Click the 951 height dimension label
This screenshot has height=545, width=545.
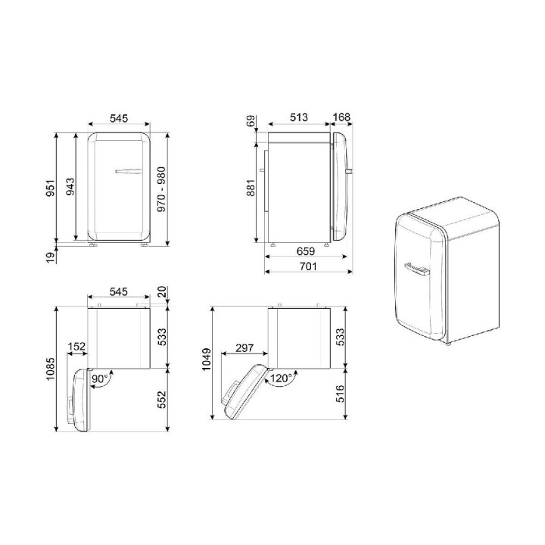tap(51, 188)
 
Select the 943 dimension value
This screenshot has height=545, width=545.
tap(70, 186)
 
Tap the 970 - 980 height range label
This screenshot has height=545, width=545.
tap(161, 189)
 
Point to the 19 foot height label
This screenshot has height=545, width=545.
tap(51, 257)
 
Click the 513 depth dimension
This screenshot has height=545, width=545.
tap(298, 117)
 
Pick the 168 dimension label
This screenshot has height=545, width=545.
tap(341, 117)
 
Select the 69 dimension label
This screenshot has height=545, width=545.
tap(251, 121)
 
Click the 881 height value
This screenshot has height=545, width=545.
tap(251, 188)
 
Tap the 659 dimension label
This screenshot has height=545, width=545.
tap(306, 251)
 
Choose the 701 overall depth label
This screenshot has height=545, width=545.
tap(308, 266)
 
